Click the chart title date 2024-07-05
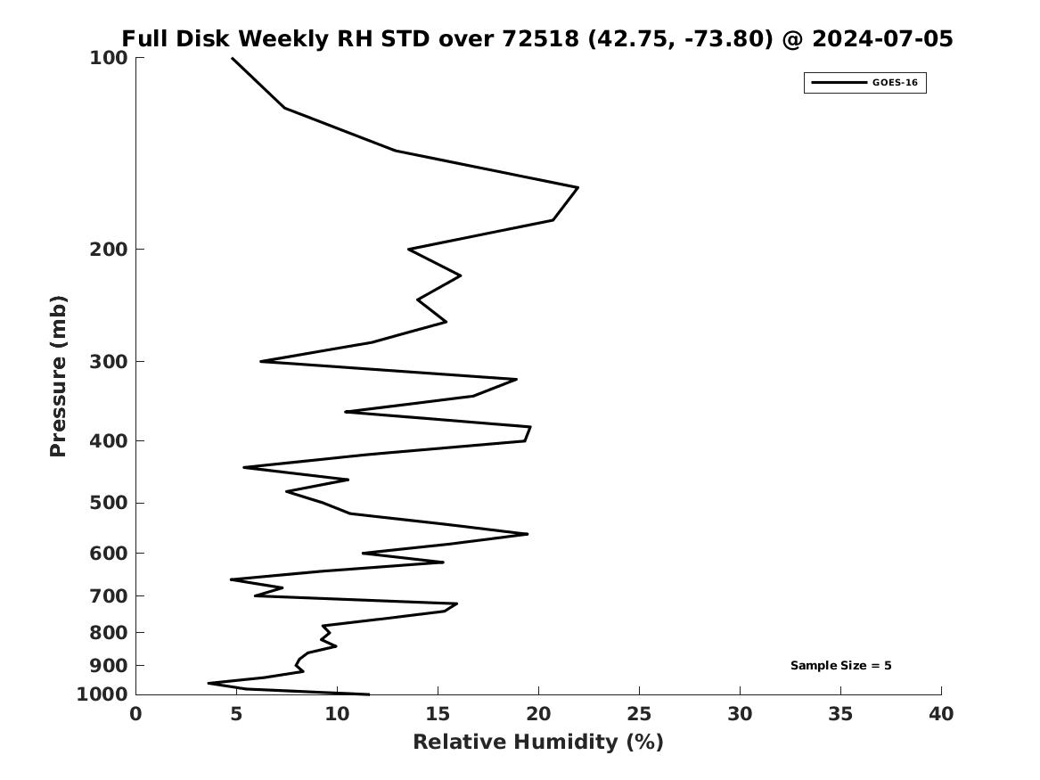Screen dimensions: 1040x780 point(882,38)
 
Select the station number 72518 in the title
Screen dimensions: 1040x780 point(540,38)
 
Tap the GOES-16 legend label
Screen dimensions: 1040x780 point(895,82)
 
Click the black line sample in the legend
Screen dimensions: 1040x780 point(839,82)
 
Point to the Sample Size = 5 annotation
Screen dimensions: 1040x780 point(841,665)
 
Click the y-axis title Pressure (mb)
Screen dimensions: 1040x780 point(58,376)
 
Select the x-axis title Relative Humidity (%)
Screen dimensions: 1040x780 point(538,742)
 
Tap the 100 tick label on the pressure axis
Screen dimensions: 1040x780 point(108,58)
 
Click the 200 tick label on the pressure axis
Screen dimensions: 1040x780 point(108,250)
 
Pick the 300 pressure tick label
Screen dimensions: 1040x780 point(108,362)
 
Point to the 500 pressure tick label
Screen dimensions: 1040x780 point(108,503)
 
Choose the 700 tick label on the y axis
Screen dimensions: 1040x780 point(108,595)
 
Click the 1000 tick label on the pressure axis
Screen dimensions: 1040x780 point(102,694)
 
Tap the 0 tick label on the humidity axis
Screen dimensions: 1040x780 point(136,714)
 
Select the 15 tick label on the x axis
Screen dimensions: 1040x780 point(438,714)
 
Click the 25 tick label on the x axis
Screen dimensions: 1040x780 point(639,714)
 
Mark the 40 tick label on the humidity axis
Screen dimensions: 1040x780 point(941,714)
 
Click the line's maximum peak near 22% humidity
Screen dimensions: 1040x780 point(577,188)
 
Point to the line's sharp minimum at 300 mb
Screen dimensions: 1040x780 point(260,362)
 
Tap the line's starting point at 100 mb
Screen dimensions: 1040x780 point(232,58)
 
